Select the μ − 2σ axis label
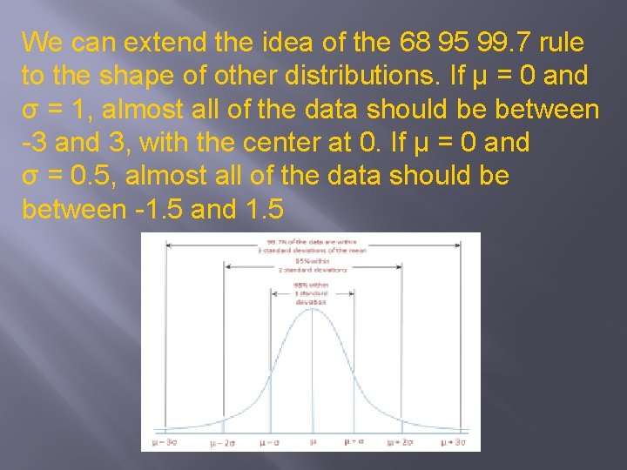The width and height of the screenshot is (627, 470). [x=223, y=443]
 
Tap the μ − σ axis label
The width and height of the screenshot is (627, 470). [x=269, y=443]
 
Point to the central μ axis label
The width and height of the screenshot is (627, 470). [x=313, y=442]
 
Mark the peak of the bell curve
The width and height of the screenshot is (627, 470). [x=313, y=307]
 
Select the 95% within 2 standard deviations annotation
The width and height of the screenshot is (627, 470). [x=320, y=265]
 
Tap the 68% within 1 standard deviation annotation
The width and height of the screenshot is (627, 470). [x=311, y=293]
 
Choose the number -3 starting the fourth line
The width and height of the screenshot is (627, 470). [x=34, y=143]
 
